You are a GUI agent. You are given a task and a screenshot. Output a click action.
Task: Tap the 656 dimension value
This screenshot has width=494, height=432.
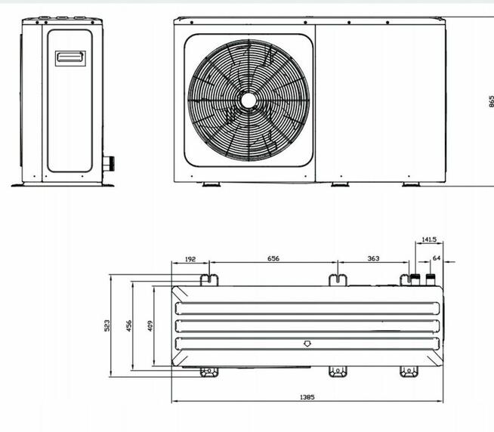273,259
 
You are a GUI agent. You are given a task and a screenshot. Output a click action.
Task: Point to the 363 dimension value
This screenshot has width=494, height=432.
373,259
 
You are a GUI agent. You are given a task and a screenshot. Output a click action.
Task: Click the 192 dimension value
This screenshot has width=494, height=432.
191,259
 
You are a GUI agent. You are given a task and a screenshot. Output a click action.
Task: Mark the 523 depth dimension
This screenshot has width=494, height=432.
107,326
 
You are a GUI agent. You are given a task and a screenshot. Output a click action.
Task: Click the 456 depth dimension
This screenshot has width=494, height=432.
128,326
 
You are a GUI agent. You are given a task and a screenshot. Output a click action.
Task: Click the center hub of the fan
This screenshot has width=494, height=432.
249,99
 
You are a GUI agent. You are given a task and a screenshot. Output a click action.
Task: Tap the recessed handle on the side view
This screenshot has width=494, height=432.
69,58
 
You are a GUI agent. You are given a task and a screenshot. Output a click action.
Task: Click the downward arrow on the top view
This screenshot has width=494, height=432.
307,343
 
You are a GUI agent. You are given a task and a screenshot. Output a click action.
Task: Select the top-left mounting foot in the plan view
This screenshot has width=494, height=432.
208,279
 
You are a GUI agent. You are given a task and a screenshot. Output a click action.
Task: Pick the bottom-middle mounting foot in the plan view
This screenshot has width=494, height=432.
337,372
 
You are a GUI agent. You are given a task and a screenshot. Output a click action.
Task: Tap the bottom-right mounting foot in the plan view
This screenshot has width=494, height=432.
409,372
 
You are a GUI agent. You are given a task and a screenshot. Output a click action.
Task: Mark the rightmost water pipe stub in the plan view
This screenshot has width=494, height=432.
431,280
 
